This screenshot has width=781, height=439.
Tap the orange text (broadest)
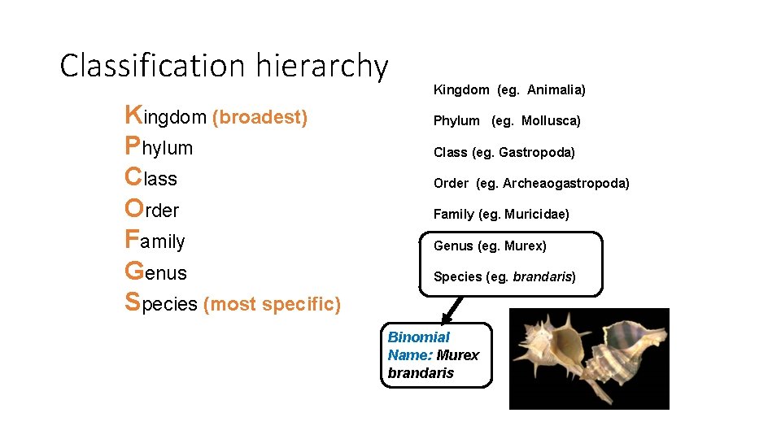click(x=260, y=118)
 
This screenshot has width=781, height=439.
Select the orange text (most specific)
click(x=272, y=305)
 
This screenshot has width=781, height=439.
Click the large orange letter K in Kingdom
click(x=133, y=115)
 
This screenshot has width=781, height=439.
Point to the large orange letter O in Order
click(x=134, y=208)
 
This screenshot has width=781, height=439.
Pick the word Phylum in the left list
click(x=159, y=148)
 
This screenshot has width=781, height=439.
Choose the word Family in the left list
click(x=155, y=241)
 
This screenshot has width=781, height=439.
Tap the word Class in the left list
click(x=151, y=179)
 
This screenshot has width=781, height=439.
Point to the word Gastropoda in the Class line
click(x=537, y=152)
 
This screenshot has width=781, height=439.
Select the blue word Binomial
click(x=418, y=337)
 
